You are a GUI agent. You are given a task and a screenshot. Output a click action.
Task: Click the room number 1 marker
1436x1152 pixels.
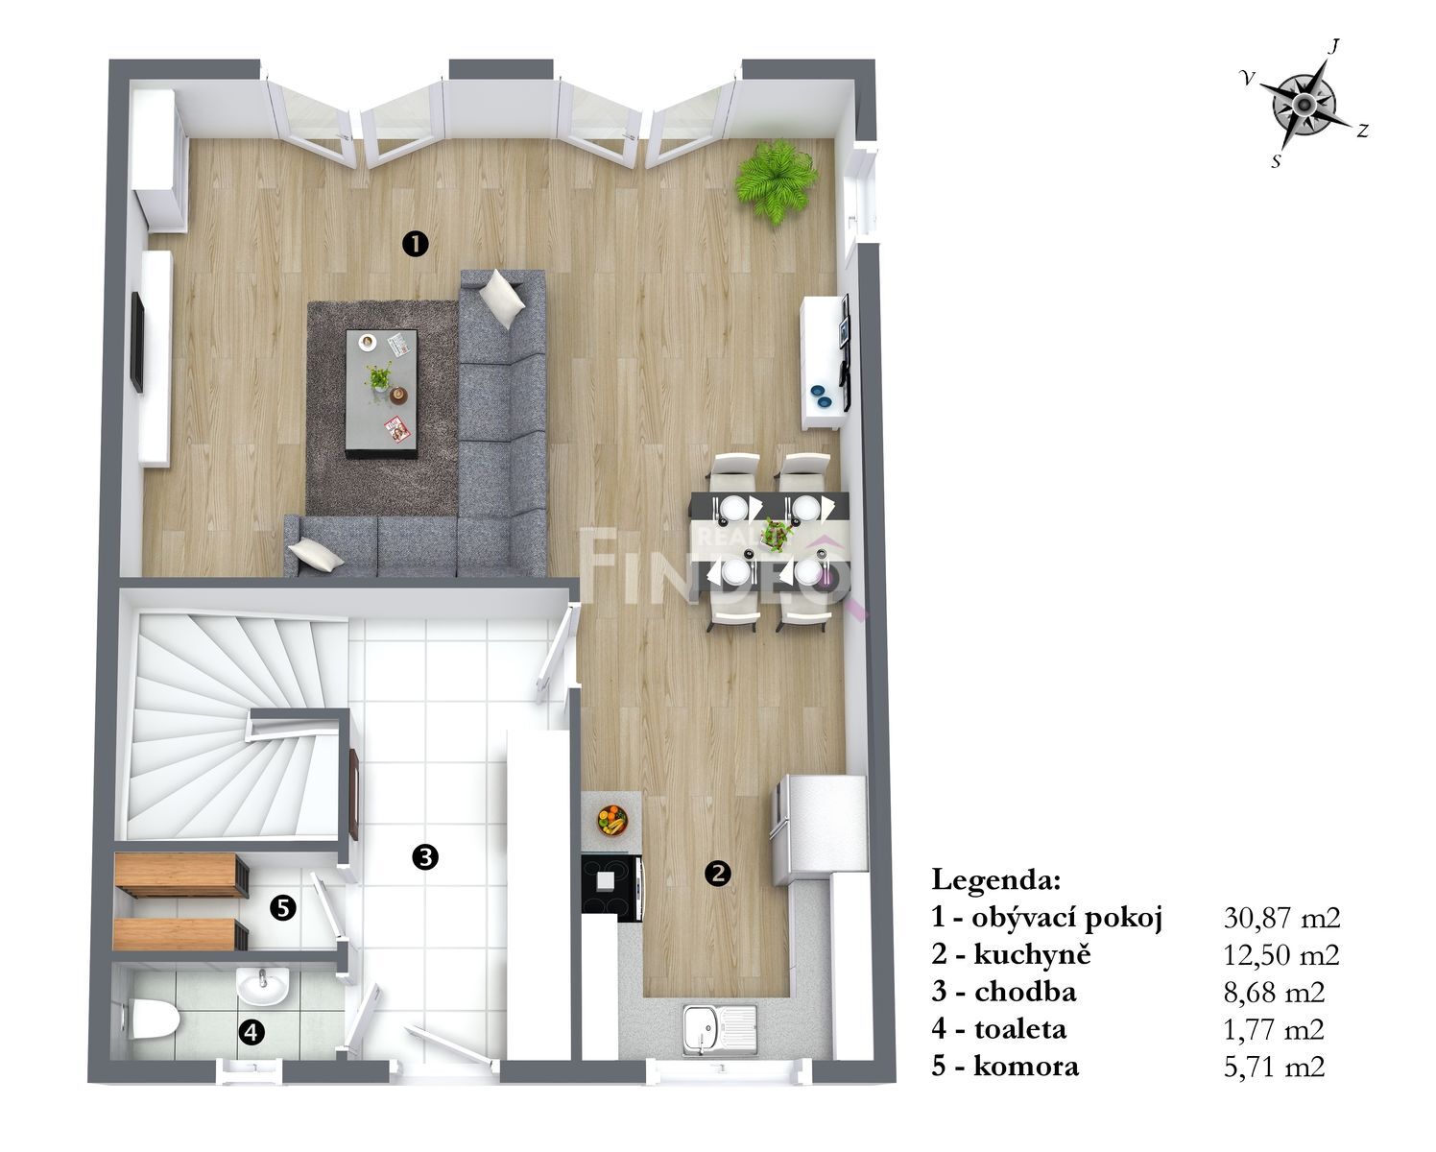[415, 244]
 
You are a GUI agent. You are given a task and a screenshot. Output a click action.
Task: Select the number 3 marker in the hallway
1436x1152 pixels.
[425, 857]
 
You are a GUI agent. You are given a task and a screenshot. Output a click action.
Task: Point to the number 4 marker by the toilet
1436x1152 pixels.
[251, 1033]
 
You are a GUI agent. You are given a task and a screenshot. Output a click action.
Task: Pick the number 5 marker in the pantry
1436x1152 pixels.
[283, 908]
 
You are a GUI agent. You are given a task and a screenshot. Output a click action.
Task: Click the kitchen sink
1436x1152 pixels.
[719, 1031]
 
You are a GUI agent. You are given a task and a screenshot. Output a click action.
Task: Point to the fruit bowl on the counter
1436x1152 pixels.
[612, 820]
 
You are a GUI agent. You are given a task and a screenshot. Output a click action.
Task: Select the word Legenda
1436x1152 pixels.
[995, 879]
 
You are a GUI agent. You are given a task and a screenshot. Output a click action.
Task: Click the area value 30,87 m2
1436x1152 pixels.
[1281, 918]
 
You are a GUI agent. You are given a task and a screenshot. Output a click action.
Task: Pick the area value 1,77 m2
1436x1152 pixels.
[1274, 1029]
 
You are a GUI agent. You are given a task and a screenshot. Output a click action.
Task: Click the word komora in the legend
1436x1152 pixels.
[1026, 1066]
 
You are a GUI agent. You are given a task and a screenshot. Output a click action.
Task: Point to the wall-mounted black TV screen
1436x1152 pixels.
[137, 342]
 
